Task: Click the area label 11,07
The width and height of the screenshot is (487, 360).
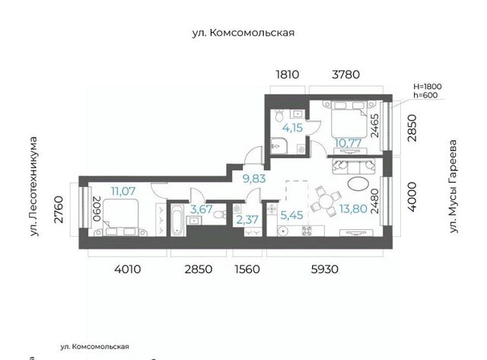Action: [x=123, y=191]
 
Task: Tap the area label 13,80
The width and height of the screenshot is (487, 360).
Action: [x=353, y=209]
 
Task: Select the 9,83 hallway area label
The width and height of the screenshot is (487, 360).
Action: [x=254, y=179]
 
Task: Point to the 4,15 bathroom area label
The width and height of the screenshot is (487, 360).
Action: [x=292, y=128]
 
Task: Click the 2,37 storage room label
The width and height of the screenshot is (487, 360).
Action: [x=247, y=220]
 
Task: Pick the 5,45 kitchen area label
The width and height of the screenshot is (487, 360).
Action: [x=291, y=215]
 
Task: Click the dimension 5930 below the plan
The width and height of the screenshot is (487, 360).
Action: [x=325, y=269]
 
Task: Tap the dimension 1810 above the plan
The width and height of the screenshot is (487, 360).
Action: [x=288, y=75]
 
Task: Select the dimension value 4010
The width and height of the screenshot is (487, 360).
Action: [x=127, y=269]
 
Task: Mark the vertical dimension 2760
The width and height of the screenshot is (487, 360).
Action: [x=59, y=209]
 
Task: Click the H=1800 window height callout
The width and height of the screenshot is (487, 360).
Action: [x=428, y=86]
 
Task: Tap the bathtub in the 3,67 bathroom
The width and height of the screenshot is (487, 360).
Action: [x=178, y=220]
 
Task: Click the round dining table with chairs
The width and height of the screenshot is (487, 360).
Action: [x=326, y=201]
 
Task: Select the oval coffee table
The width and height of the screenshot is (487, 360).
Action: [x=358, y=183]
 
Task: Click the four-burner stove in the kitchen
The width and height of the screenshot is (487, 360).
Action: [x=307, y=231]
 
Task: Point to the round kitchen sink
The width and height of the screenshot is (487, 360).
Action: [x=283, y=231]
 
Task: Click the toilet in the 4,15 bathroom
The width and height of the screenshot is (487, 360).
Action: [x=279, y=115]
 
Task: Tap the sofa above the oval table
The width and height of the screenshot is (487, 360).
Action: [x=354, y=166]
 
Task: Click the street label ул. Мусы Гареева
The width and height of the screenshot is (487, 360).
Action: [x=454, y=186]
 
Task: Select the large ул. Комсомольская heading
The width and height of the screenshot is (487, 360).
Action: [x=243, y=33]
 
